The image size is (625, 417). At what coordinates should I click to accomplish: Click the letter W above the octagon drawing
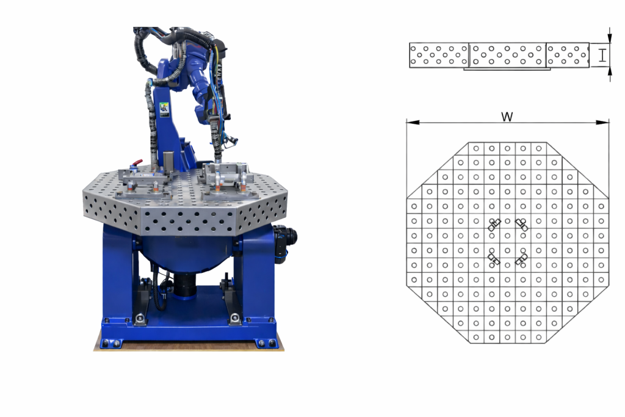[507, 117]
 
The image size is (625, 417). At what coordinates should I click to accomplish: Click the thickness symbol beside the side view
[602, 55]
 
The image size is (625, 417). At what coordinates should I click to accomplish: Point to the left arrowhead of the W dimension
[413, 122]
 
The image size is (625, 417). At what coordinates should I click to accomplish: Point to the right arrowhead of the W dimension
[602, 122]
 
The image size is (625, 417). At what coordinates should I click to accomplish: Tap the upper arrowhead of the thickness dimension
[609, 37]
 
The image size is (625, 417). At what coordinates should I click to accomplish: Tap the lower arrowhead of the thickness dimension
[609, 72]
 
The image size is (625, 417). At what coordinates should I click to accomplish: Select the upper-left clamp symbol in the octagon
[494, 225]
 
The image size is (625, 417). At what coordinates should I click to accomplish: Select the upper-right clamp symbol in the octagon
[521, 225]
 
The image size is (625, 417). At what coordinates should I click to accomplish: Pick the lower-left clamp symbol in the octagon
[494, 259]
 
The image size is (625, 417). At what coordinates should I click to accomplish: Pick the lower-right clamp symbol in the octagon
[521, 259]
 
